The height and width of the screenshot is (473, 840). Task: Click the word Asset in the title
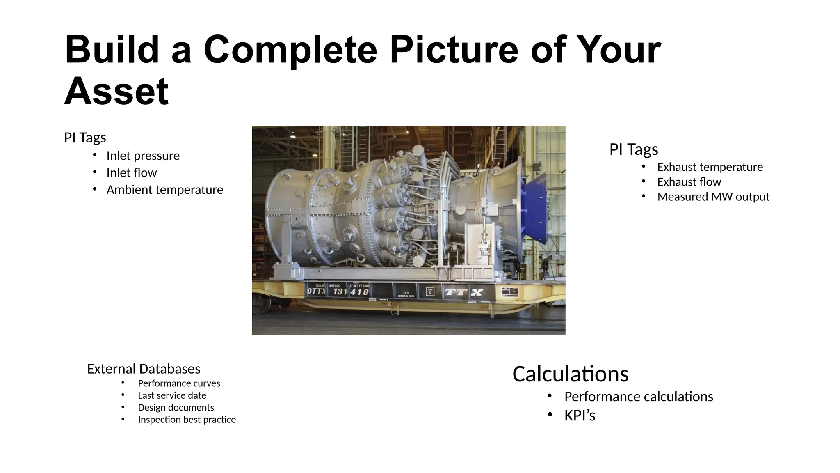click(x=116, y=91)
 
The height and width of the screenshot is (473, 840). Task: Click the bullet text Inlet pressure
click(x=143, y=156)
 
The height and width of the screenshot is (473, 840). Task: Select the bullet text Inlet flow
click(x=131, y=173)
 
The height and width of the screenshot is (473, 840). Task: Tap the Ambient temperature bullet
click(x=164, y=190)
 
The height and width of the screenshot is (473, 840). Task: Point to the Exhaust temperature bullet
click(x=710, y=167)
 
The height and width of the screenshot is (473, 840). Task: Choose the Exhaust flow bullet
click(x=689, y=182)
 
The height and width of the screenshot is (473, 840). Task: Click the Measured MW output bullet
click(x=713, y=197)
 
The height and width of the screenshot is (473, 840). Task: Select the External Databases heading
click(x=144, y=369)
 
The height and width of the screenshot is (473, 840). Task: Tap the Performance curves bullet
click(x=179, y=383)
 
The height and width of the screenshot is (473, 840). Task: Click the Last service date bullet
click(x=172, y=395)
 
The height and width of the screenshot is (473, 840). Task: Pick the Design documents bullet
click(x=176, y=407)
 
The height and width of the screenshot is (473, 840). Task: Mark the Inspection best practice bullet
click(x=187, y=420)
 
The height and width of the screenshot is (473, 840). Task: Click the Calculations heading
click(x=570, y=374)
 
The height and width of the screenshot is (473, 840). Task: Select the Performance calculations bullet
click(x=638, y=397)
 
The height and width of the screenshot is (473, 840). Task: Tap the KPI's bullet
click(x=579, y=416)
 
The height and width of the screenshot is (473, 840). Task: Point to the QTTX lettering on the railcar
click(x=316, y=292)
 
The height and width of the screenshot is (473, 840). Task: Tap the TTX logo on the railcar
click(x=464, y=292)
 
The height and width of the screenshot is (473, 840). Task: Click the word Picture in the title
click(x=454, y=50)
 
